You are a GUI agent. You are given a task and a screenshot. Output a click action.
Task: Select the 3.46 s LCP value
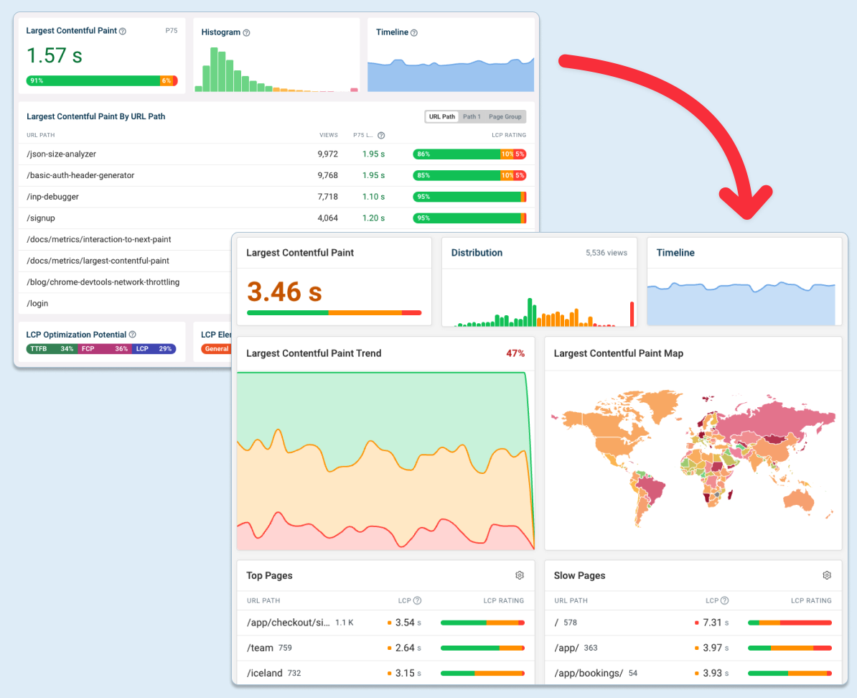click(284, 292)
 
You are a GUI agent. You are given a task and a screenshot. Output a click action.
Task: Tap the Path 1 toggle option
click(472, 116)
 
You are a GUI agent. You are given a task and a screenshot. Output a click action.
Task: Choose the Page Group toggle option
click(505, 116)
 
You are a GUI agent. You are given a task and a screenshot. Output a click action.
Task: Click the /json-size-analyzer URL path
click(61, 154)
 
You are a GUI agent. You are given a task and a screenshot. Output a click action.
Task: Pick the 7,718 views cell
click(327, 197)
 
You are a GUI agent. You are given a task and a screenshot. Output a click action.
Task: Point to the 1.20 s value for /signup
click(373, 218)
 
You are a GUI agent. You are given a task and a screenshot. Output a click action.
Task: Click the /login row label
click(37, 303)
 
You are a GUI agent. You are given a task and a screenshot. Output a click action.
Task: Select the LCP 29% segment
click(154, 349)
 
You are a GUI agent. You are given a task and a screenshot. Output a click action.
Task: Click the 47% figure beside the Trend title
click(515, 353)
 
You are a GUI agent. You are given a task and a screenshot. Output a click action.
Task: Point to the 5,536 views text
click(606, 253)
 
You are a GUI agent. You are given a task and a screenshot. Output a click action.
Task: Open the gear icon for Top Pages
click(520, 575)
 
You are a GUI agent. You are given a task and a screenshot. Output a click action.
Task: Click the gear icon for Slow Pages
click(827, 575)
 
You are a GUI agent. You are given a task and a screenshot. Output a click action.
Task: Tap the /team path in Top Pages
click(260, 648)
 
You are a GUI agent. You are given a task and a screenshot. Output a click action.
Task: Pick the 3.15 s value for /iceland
click(405, 673)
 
